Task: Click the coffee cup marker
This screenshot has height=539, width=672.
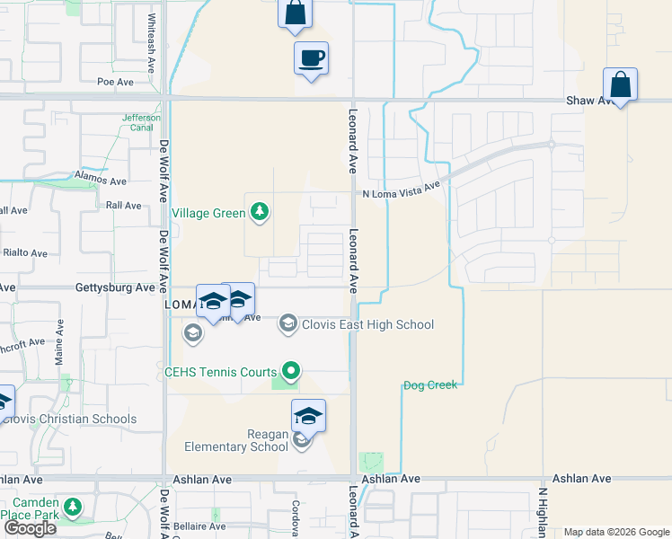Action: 311,58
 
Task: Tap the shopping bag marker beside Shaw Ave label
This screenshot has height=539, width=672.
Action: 620,84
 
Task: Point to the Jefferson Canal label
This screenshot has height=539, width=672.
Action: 141,122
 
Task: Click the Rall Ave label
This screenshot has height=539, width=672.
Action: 124,206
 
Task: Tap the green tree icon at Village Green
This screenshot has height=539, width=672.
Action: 261,212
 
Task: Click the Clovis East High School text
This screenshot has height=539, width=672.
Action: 367,325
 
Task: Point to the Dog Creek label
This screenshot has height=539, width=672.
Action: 430,385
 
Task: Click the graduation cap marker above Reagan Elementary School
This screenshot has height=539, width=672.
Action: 308,416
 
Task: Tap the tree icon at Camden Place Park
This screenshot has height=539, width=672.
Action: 74,508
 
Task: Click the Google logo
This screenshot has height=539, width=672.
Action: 30,528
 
